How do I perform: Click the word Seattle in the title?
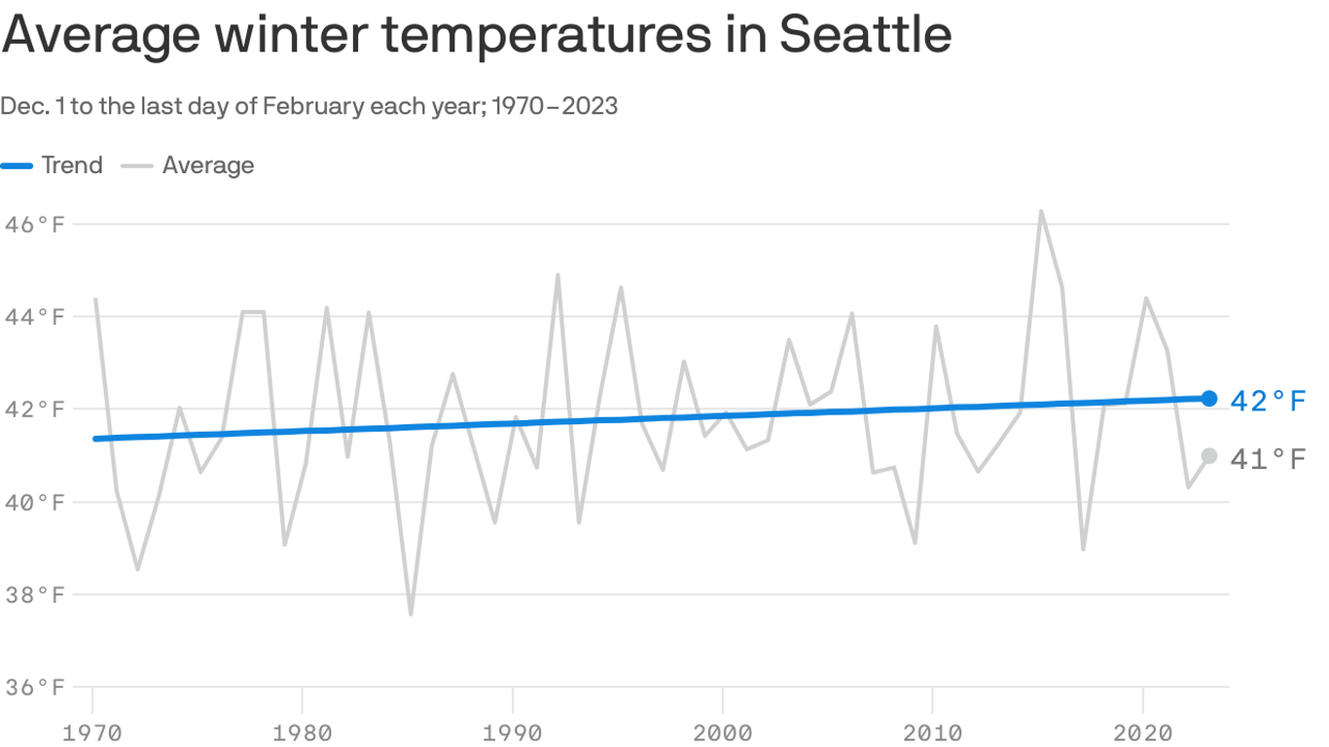pyautogui.click(x=865, y=34)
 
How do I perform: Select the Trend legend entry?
pyautogui.click(x=71, y=165)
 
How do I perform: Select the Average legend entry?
pyautogui.click(x=207, y=165)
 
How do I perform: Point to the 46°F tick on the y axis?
pyautogui.click(x=35, y=225)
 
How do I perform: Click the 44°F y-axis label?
pyautogui.click(x=35, y=317)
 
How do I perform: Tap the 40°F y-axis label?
pyautogui.click(x=35, y=503)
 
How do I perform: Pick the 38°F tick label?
pyautogui.click(x=35, y=595)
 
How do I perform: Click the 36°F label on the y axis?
pyautogui.click(x=35, y=688)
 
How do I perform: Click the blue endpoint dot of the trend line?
pyautogui.click(x=1208, y=398)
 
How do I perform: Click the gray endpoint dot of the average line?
pyautogui.click(x=1208, y=456)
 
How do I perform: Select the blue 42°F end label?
pyautogui.click(x=1267, y=401)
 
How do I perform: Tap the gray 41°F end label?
pyautogui.click(x=1267, y=459)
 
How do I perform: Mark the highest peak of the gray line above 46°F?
pyautogui.click(x=1041, y=211)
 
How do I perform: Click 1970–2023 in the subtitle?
pyautogui.click(x=555, y=106)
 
